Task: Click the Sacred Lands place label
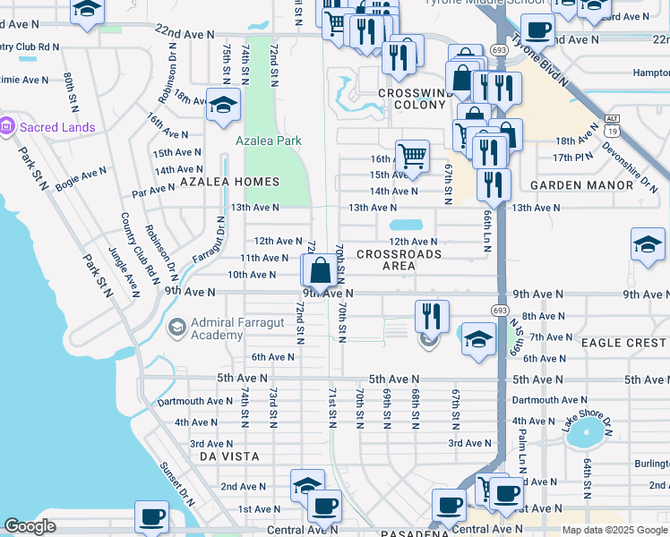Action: [56, 127]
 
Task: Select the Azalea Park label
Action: [268, 141]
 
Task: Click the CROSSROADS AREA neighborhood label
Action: [399, 260]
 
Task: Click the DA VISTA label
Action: [229, 456]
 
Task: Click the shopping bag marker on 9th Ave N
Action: [319, 270]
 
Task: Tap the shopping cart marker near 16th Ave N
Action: [412, 156]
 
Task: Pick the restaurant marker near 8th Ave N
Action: [432, 315]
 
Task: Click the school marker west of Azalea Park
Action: [223, 105]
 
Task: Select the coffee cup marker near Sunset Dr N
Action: [151, 516]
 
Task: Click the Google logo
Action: [30, 526]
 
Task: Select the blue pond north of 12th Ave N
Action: [407, 226]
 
